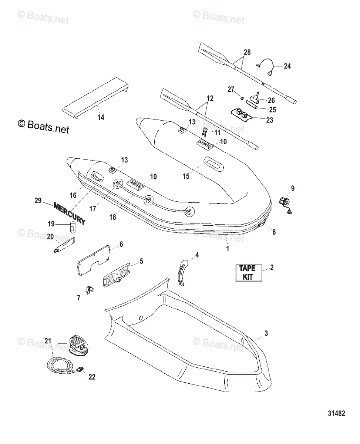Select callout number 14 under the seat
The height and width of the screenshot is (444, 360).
(101, 117)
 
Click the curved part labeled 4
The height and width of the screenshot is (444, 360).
(182, 272)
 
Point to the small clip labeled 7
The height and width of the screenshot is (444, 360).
(90, 290)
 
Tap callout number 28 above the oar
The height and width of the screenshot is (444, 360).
(247, 53)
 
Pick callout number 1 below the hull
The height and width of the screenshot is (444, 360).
(228, 249)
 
